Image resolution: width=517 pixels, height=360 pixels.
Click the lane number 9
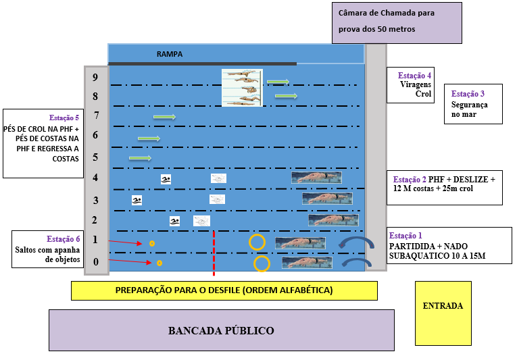click(95, 77)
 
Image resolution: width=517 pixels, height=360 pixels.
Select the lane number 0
click(95, 262)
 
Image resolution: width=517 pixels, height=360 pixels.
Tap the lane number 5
click(95, 157)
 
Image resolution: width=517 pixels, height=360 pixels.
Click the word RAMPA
click(170, 54)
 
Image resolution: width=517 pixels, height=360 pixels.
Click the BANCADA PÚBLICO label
click(221, 330)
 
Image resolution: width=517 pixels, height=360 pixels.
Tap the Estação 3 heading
click(468, 94)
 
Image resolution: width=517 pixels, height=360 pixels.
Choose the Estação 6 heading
click(64, 239)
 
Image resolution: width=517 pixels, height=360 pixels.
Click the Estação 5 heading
click(64, 118)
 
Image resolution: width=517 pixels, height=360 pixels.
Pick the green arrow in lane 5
click(140, 159)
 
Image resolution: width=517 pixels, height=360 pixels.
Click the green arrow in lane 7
click(164, 117)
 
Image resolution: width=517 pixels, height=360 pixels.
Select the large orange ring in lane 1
click(257, 242)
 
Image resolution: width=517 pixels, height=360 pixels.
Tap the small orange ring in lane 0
click(159, 263)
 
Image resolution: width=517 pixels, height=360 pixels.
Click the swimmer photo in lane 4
click(316, 178)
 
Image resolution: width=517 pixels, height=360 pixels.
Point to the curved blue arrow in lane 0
click(356, 262)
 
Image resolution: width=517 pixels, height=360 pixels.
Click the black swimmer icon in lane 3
click(137, 200)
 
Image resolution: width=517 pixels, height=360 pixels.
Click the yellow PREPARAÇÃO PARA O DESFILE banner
click(224, 290)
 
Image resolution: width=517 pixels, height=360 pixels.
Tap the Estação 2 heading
click(410, 180)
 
